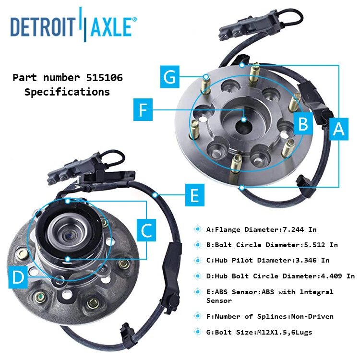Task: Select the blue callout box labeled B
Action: pos(302,124)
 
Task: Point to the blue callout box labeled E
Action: pos(194,195)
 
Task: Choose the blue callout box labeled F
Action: pos(142,111)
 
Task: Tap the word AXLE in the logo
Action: pos(110,26)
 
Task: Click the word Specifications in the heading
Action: pos(67,92)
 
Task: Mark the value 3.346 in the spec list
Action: pos(305,260)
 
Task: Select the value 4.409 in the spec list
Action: pos(330,276)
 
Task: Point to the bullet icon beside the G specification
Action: pos(197,332)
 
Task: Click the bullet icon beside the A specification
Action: pos(197,229)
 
